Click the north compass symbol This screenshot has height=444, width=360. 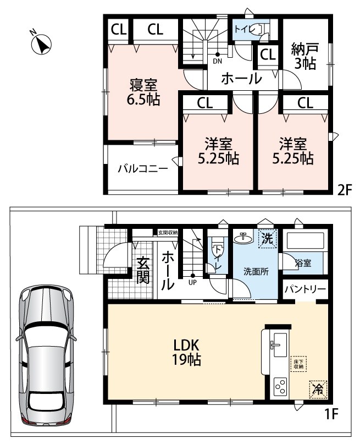(x=41, y=43)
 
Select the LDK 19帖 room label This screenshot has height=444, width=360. (x=186, y=352)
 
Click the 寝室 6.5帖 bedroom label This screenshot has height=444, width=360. (x=143, y=92)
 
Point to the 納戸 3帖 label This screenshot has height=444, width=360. (x=305, y=56)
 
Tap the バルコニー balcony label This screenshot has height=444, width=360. (x=143, y=169)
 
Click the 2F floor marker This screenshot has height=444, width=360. (x=345, y=189)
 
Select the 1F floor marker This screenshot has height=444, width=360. (x=331, y=414)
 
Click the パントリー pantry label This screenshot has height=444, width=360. (x=305, y=289)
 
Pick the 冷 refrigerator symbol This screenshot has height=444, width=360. (x=318, y=390)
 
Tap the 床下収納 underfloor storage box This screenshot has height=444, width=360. (x=298, y=364)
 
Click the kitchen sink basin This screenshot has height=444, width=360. (x=280, y=345)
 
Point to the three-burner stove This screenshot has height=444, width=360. (x=280, y=387)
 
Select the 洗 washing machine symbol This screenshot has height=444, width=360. (x=267, y=238)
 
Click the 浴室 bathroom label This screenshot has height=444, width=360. (x=303, y=263)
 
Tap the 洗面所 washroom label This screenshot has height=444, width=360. (x=256, y=271)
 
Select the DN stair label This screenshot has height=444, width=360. (x=218, y=61)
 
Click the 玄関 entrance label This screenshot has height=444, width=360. (x=143, y=271)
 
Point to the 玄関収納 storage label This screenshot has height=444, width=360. (x=168, y=233)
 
